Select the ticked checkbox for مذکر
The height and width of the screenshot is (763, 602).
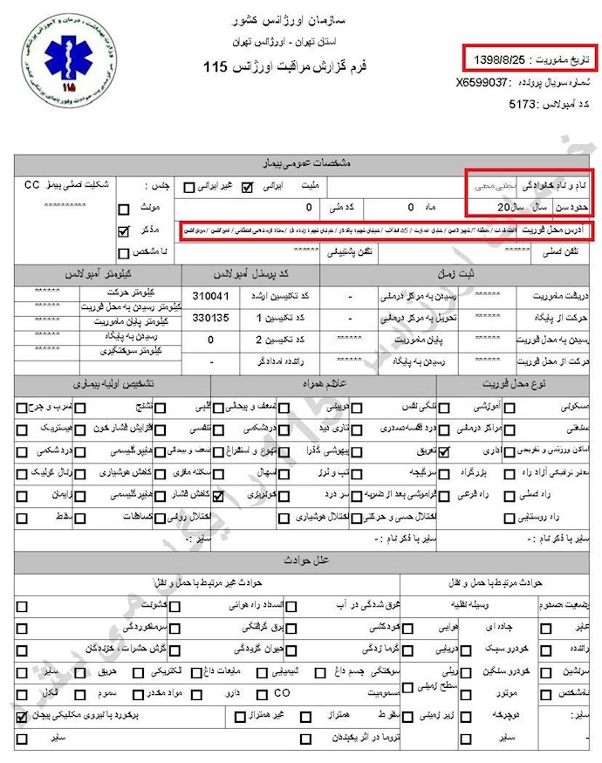click(x=123, y=231)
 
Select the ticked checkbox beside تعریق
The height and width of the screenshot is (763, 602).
click(x=444, y=451)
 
